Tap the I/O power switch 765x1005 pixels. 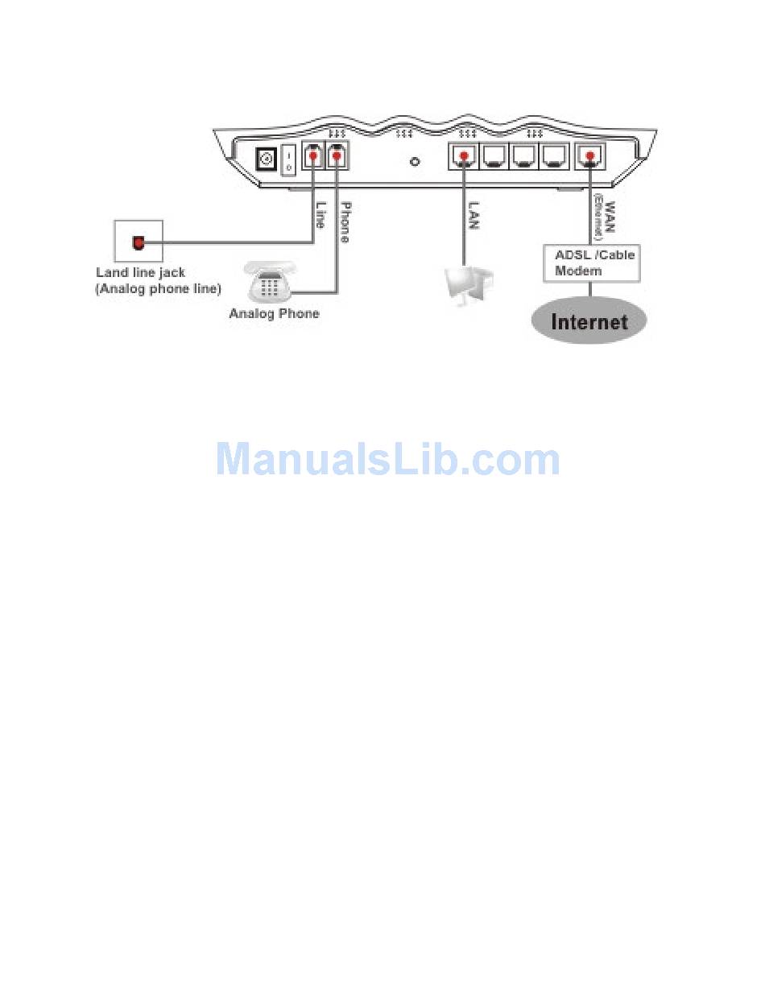pos(288,159)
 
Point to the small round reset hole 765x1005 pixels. pos(415,161)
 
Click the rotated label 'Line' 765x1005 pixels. pos(320,214)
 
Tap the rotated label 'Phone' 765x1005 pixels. pos(344,221)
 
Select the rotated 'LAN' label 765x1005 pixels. pos(473,215)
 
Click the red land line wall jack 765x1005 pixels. pos(139,242)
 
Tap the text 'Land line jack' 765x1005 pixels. pos(140,273)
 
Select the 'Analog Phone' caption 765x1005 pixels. pos(274,313)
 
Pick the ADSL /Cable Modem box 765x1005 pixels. pos(592,263)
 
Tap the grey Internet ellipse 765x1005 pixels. pos(589,322)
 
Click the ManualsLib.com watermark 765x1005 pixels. pos(387,459)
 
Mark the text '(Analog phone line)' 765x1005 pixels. pos(158,289)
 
